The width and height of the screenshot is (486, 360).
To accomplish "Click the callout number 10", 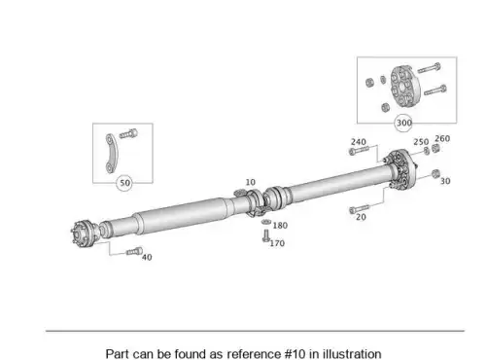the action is coord(250,182).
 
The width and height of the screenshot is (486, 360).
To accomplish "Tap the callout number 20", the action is coord(361,217).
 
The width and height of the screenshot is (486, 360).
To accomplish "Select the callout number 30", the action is coord(445,181).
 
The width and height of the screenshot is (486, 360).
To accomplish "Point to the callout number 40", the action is coord(147,257).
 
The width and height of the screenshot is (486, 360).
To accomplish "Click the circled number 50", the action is coord(125,183).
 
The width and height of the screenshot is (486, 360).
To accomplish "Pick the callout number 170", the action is coord(277,243).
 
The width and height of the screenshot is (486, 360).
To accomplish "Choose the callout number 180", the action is coord(280,226).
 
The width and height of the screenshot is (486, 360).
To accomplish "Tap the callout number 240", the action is coord(359,142).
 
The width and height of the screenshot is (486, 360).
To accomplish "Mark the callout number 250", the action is coord(421,142).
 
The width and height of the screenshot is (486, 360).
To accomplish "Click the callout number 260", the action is coord(442,138).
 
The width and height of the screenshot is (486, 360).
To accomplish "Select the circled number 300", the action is coord(404,123).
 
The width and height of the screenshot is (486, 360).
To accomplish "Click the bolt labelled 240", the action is coord(359,151).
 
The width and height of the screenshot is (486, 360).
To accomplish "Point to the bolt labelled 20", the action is coord(359,209).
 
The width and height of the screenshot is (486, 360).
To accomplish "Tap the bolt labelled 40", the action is coord(134,251).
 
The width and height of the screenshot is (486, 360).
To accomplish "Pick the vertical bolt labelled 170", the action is coord(266,235).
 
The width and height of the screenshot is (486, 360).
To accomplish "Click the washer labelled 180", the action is coord(266,222).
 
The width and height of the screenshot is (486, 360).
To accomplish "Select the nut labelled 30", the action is coord(435,173).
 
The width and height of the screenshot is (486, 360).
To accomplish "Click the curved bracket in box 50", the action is coord(111,153).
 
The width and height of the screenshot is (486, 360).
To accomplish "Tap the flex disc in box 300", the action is coord(403,86).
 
